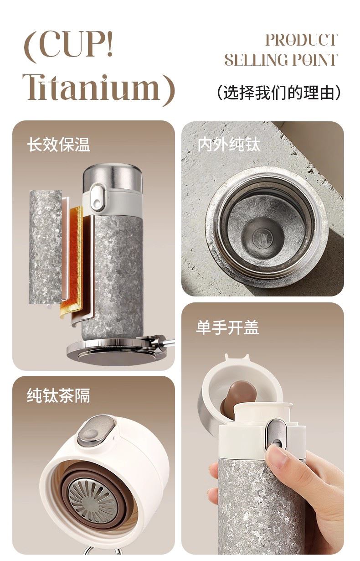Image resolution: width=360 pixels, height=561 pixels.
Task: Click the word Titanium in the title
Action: point(91,88)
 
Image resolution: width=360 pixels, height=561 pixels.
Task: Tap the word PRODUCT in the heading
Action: point(301,40)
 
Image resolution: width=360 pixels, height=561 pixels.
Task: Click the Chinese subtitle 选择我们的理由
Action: point(279,93)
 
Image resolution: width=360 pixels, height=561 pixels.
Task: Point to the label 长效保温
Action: point(58,144)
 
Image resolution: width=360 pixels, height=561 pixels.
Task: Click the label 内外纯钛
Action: point(229,144)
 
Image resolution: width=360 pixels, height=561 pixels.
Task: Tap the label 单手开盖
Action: point(227,327)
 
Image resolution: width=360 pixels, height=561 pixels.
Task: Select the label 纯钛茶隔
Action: point(58,396)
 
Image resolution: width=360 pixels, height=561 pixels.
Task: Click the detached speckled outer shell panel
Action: point(46,247)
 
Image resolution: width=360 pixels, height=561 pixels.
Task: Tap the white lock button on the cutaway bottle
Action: point(97,197)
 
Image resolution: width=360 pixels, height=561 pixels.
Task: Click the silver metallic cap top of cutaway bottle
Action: point(113,177)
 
